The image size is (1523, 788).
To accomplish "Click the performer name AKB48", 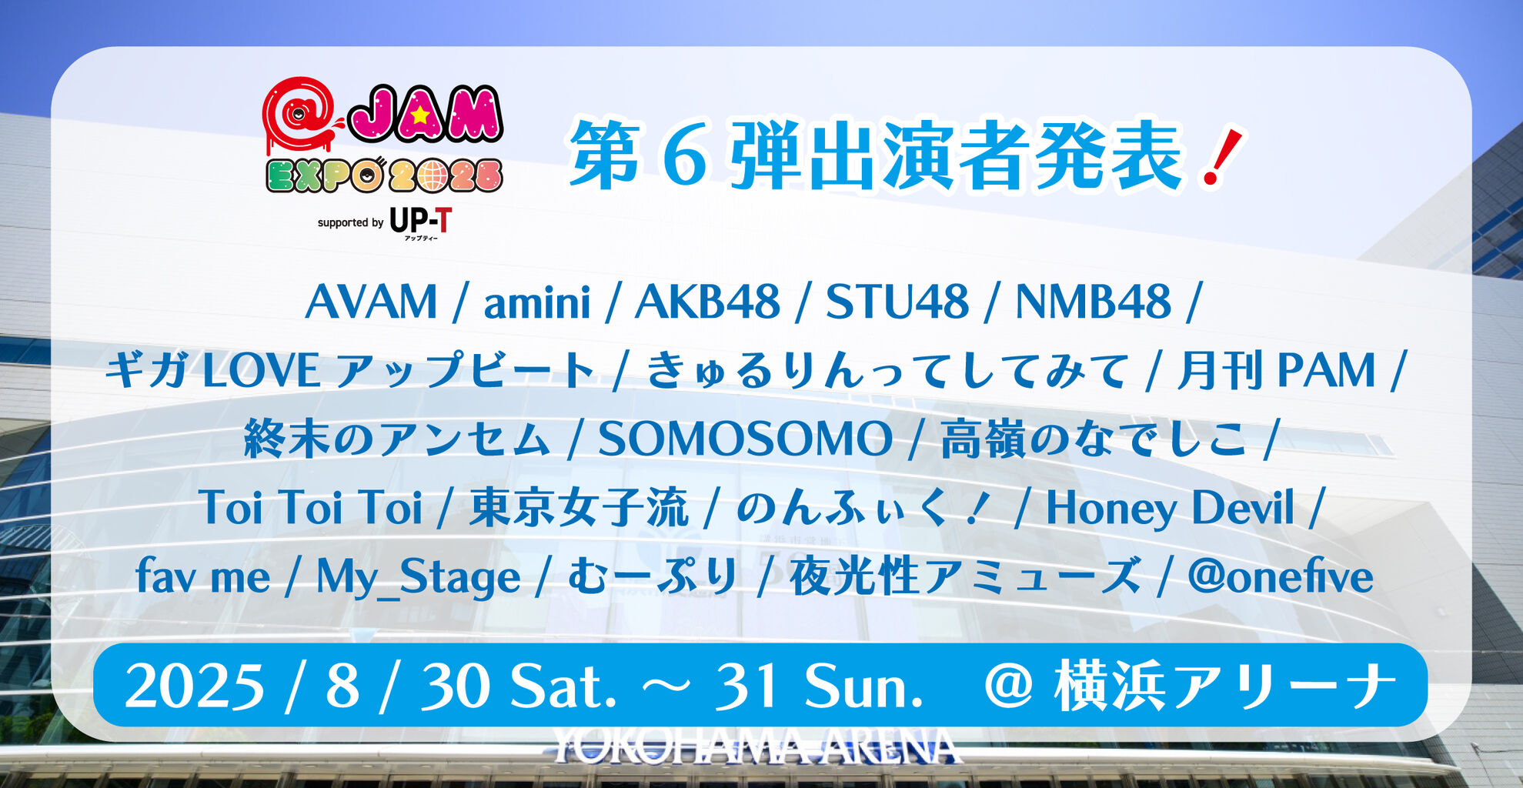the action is tap(707, 301).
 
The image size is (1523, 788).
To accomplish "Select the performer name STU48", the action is tap(897, 301).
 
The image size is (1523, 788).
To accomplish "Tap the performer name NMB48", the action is tap(1094, 301).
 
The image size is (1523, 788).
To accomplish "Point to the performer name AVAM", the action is tap(372, 301).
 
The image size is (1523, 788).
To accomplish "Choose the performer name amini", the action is tap(537, 301).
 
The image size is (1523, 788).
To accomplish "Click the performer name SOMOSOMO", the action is tap(746, 439).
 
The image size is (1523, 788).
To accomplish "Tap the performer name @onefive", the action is tap(1281, 577).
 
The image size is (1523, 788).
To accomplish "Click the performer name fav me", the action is tap(203, 577).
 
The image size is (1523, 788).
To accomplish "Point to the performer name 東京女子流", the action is tap(579, 508).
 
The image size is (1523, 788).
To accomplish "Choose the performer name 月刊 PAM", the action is tap(1277, 370).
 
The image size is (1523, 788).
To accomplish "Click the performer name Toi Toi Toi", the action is tap(310, 508).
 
